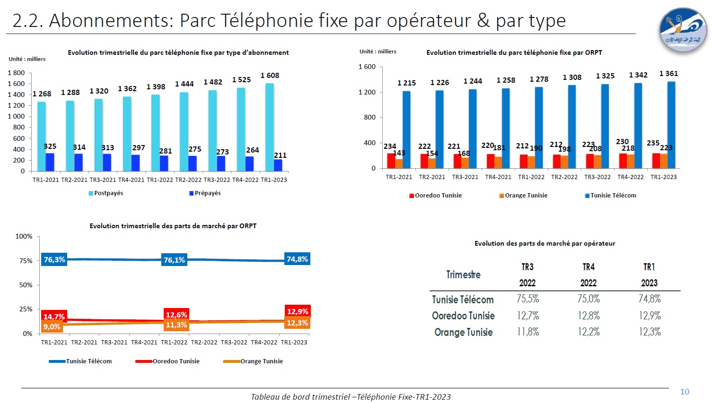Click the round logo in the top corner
click(683, 30)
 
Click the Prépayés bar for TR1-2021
click(50, 162)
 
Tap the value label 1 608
click(270, 76)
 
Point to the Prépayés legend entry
click(205, 193)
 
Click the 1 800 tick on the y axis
click(17, 73)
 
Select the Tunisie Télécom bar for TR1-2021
click(406, 129)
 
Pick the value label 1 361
click(668, 74)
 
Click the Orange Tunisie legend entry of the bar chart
click(523, 196)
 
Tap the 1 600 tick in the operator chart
click(367, 67)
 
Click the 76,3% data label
click(54, 260)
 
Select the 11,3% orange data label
click(176, 325)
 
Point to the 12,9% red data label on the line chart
click(298, 312)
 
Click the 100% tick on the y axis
click(24, 236)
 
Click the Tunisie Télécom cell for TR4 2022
click(589, 299)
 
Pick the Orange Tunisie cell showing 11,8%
click(527, 332)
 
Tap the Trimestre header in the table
click(463, 275)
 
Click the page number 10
click(685, 392)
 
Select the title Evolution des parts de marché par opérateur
click(545, 244)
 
